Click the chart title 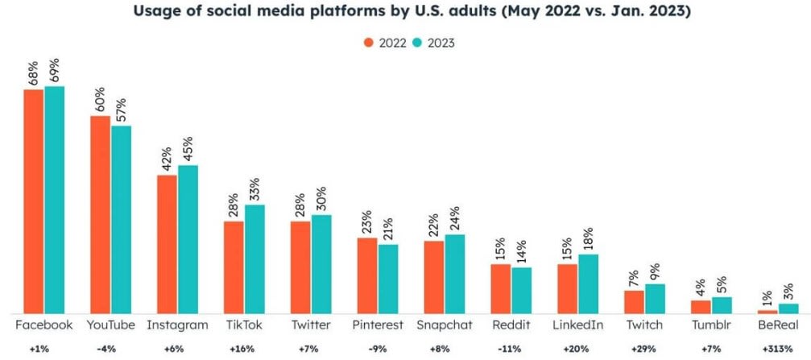pos(405,11)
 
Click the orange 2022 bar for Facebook pos(34,201)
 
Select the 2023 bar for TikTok pos(254,259)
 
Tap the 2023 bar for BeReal pos(789,308)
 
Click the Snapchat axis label pos(445,325)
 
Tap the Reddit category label pos(511,325)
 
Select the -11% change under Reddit pos(511,350)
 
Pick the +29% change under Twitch pos(644,350)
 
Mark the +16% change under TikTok pos(244,350)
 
